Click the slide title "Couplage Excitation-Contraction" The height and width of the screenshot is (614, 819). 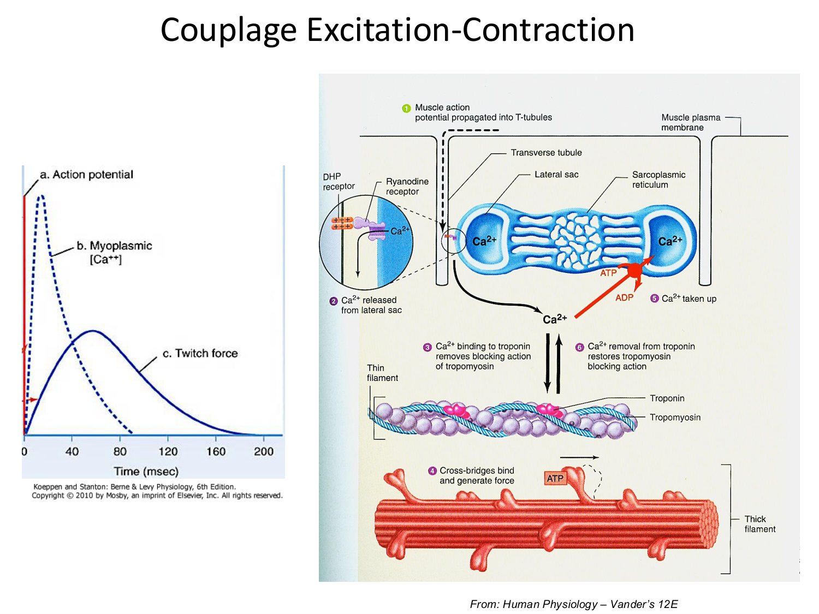(x=397, y=29)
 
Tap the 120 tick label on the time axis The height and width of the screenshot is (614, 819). (x=168, y=451)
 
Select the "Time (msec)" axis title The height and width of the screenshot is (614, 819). (x=146, y=471)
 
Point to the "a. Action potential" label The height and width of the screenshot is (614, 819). (x=87, y=175)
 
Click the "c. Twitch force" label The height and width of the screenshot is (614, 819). (x=200, y=353)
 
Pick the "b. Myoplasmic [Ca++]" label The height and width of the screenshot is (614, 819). (x=114, y=252)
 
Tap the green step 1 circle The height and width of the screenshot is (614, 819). (x=406, y=108)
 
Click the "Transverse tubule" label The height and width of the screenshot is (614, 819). (x=546, y=153)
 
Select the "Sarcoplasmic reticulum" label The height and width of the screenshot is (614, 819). (x=658, y=180)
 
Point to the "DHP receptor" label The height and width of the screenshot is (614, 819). (x=339, y=181)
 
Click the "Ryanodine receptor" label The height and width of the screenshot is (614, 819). (x=407, y=186)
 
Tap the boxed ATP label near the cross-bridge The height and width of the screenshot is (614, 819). (x=555, y=479)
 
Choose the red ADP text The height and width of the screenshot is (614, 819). (x=624, y=297)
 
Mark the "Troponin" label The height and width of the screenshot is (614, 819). (x=667, y=398)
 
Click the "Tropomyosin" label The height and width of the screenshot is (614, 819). (x=675, y=418)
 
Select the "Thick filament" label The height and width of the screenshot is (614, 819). (x=759, y=524)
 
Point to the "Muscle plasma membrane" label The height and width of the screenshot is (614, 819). (x=691, y=122)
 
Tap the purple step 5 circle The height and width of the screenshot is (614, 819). (x=654, y=299)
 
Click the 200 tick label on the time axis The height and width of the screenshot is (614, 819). (x=264, y=451)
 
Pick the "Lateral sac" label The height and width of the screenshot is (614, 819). (x=556, y=175)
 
